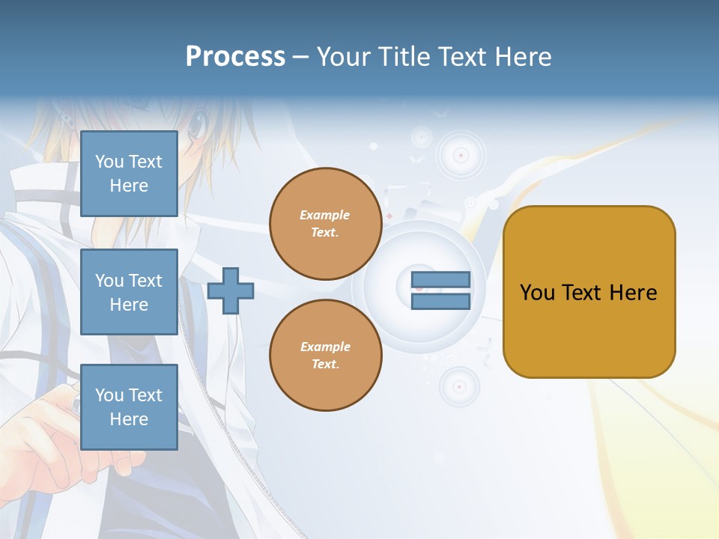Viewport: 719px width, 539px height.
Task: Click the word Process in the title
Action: [235, 57]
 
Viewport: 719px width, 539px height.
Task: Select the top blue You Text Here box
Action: [129, 174]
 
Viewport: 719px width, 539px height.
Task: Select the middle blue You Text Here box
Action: [129, 292]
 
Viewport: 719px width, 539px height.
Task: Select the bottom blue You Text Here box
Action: [129, 406]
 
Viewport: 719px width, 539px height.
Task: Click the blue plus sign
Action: [230, 290]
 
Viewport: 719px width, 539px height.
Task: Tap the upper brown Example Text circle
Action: [325, 224]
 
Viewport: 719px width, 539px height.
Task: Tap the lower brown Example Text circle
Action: [325, 355]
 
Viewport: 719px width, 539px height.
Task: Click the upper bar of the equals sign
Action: [440, 280]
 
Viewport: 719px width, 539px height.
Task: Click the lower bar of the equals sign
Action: [440, 301]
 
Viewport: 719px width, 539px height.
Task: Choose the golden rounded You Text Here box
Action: [589, 292]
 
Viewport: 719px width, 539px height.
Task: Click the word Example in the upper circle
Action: [325, 215]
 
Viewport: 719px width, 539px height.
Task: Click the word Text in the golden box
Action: [582, 292]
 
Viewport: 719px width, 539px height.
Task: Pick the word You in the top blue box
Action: [109, 162]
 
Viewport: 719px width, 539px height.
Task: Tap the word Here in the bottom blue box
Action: [129, 419]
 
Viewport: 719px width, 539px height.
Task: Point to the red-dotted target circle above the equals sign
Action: [461, 156]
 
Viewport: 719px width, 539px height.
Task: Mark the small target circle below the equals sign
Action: [458, 386]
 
